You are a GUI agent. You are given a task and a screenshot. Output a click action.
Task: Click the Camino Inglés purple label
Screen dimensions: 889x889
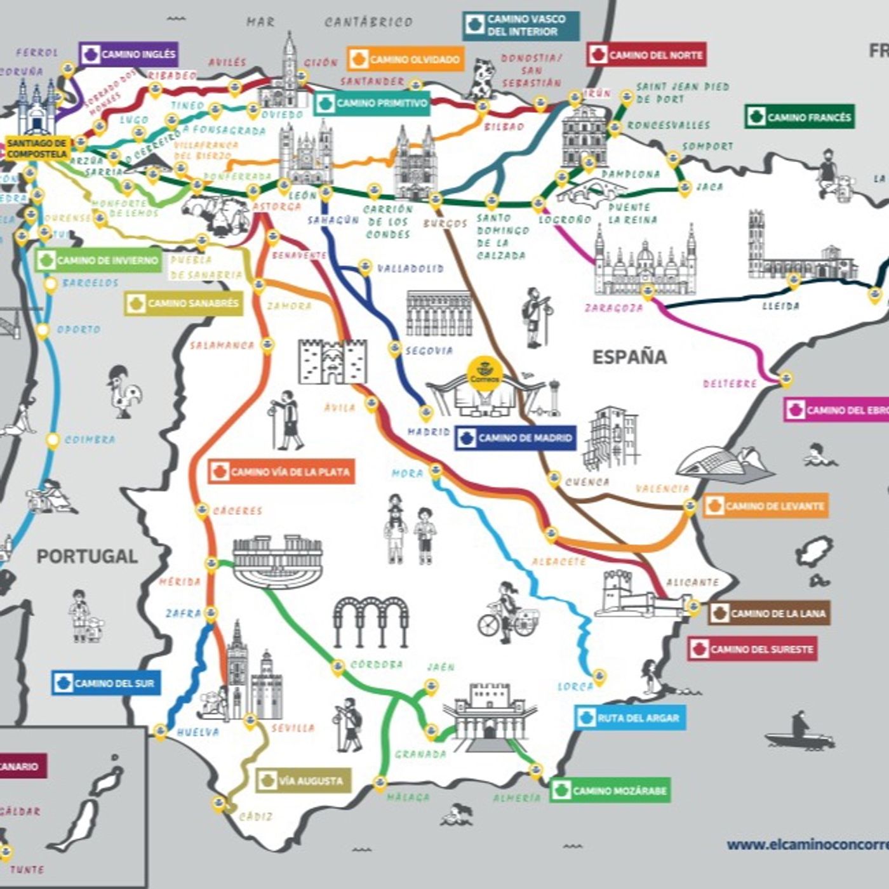click(x=129, y=55)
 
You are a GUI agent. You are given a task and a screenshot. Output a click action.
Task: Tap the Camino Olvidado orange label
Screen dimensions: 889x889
click(x=406, y=60)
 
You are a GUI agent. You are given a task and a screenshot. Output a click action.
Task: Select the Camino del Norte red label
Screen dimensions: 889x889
click(x=646, y=55)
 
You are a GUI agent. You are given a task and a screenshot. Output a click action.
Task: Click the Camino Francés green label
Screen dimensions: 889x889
click(x=799, y=117)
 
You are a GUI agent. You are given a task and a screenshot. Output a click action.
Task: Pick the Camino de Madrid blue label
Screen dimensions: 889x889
click(x=516, y=438)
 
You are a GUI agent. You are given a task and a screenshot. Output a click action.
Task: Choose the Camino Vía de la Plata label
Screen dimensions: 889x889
click(x=281, y=472)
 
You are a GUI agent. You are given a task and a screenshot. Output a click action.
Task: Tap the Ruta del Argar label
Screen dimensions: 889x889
click(x=630, y=718)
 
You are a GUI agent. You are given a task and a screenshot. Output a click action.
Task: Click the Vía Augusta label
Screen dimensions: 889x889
click(x=303, y=781)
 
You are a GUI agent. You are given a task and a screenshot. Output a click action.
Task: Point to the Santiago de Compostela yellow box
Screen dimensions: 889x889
click(x=37, y=148)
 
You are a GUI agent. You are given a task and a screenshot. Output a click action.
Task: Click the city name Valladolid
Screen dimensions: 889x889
click(x=410, y=269)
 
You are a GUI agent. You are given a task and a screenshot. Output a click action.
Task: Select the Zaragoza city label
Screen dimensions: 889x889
click(x=613, y=308)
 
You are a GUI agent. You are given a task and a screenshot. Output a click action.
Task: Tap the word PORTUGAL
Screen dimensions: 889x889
click(x=87, y=556)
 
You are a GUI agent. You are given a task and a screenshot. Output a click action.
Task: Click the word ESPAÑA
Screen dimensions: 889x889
click(x=629, y=357)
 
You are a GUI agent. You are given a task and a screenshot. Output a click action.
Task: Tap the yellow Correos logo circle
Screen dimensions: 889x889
click(x=485, y=373)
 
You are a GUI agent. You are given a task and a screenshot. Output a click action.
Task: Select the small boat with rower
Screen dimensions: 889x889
click(x=799, y=733)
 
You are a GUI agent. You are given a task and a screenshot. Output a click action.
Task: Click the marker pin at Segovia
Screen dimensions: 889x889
click(x=395, y=348)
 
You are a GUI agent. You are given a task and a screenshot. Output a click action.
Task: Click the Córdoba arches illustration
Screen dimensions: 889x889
click(x=370, y=620)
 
